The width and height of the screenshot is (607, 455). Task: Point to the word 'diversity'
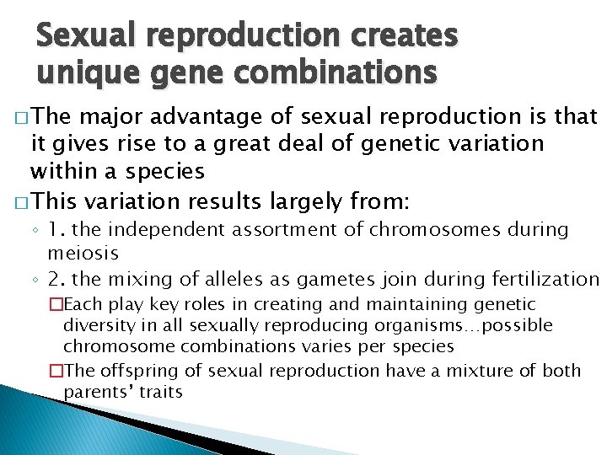pos(97,325)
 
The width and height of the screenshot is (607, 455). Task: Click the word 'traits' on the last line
pos(162,392)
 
